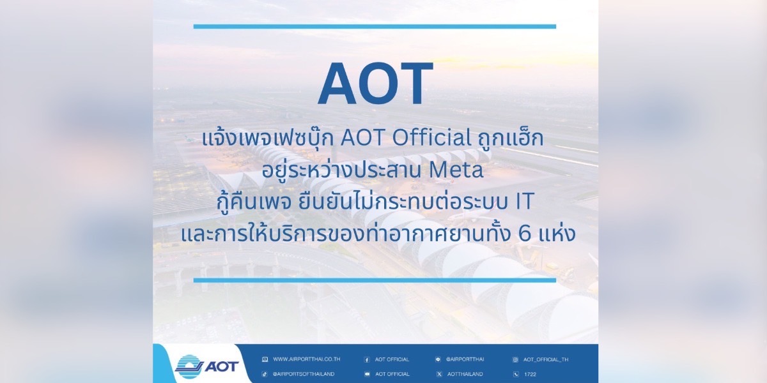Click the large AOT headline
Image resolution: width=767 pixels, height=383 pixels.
click(376, 83)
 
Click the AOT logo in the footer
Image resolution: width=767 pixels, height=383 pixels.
click(206, 367)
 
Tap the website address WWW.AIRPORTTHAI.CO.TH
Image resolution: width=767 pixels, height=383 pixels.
click(306, 359)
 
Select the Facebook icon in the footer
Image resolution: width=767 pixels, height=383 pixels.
click(367, 360)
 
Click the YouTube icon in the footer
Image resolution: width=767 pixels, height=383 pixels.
click(367, 374)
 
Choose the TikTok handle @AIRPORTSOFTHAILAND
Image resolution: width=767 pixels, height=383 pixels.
click(304, 374)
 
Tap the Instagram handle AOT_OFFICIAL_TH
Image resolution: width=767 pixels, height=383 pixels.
click(546, 359)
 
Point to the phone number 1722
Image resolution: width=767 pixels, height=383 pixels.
click(530, 374)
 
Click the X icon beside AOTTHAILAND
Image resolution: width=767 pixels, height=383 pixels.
click(439, 374)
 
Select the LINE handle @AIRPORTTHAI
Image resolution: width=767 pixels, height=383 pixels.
click(465, 359)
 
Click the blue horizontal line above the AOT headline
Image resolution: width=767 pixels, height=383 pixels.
click(375, 26)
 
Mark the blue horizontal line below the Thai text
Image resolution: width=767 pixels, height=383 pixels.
click(375, 280)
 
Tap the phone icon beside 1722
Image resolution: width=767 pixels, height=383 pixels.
click(515, 374)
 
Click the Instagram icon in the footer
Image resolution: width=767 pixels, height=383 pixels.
click(515, 360)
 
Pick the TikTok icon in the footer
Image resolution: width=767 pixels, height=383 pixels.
click(265, 374)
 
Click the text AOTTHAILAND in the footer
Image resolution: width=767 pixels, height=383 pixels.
click(465, 374)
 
